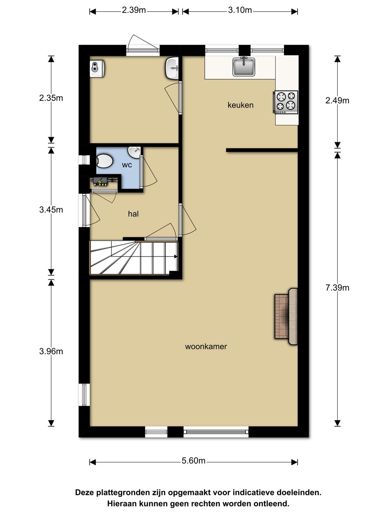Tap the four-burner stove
pyautogui.click(x=286, y=102)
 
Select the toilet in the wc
pyautogui.click(x=104, y=161)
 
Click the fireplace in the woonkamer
pyautogui.click(x=286, y=316)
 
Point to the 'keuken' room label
pyautogui.click(x=240, y=105)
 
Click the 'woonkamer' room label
pyautogui.click(x=206, y=346)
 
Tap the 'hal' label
pyautogui.click(x=133, y=214)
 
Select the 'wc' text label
pyautogui.click(x=127, y=165)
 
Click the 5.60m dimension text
pyautogui.click(x=193, y=461)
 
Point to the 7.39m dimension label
pyautogui.click(x=337, y=288)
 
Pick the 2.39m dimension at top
pyautogui.click(x=134, y=10)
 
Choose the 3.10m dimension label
pyautogui.click(x=240, y=10)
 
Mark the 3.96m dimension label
pyautogui.click(x=51, y=351)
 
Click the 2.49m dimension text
pyautogui.click(x=337, y=101)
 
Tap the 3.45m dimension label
pyautogui.click(x=51, y=210)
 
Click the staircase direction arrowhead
pyautogui.click(x=176, y=256)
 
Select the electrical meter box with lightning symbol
pyautogui.click(x=100, y=182)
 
